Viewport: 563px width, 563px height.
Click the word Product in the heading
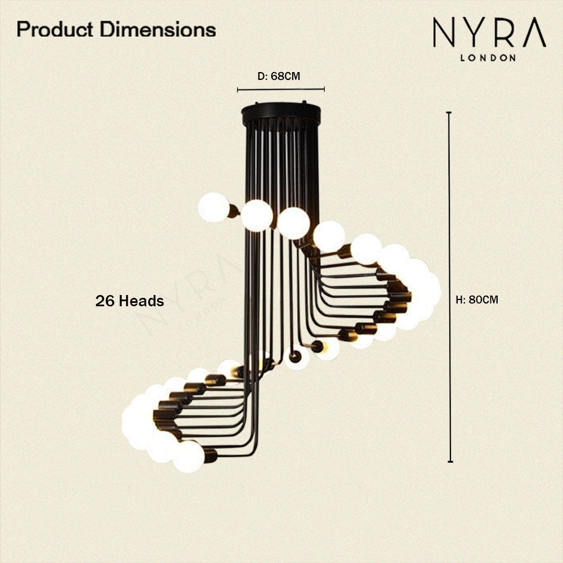55,29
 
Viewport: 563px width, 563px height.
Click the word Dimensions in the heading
158,29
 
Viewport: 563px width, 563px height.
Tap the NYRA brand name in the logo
489,32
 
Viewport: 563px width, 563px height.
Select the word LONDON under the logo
488,58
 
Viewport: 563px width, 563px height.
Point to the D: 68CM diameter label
279,76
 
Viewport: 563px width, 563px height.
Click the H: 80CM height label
477,300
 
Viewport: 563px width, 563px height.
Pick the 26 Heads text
129,301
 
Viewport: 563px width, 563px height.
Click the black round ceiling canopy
281,114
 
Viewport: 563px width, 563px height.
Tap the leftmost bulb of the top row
213,207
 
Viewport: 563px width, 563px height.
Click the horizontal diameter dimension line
281,90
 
